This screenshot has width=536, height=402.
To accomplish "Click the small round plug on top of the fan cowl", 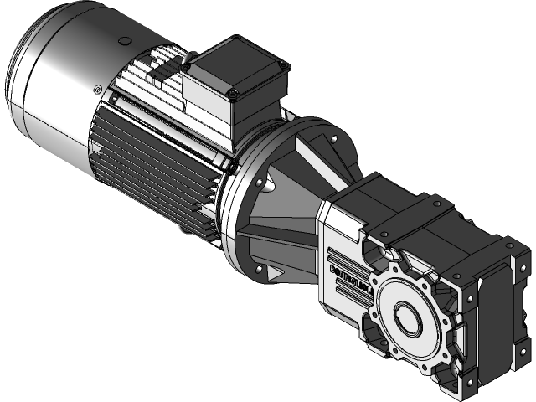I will click(x=125, y=40).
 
